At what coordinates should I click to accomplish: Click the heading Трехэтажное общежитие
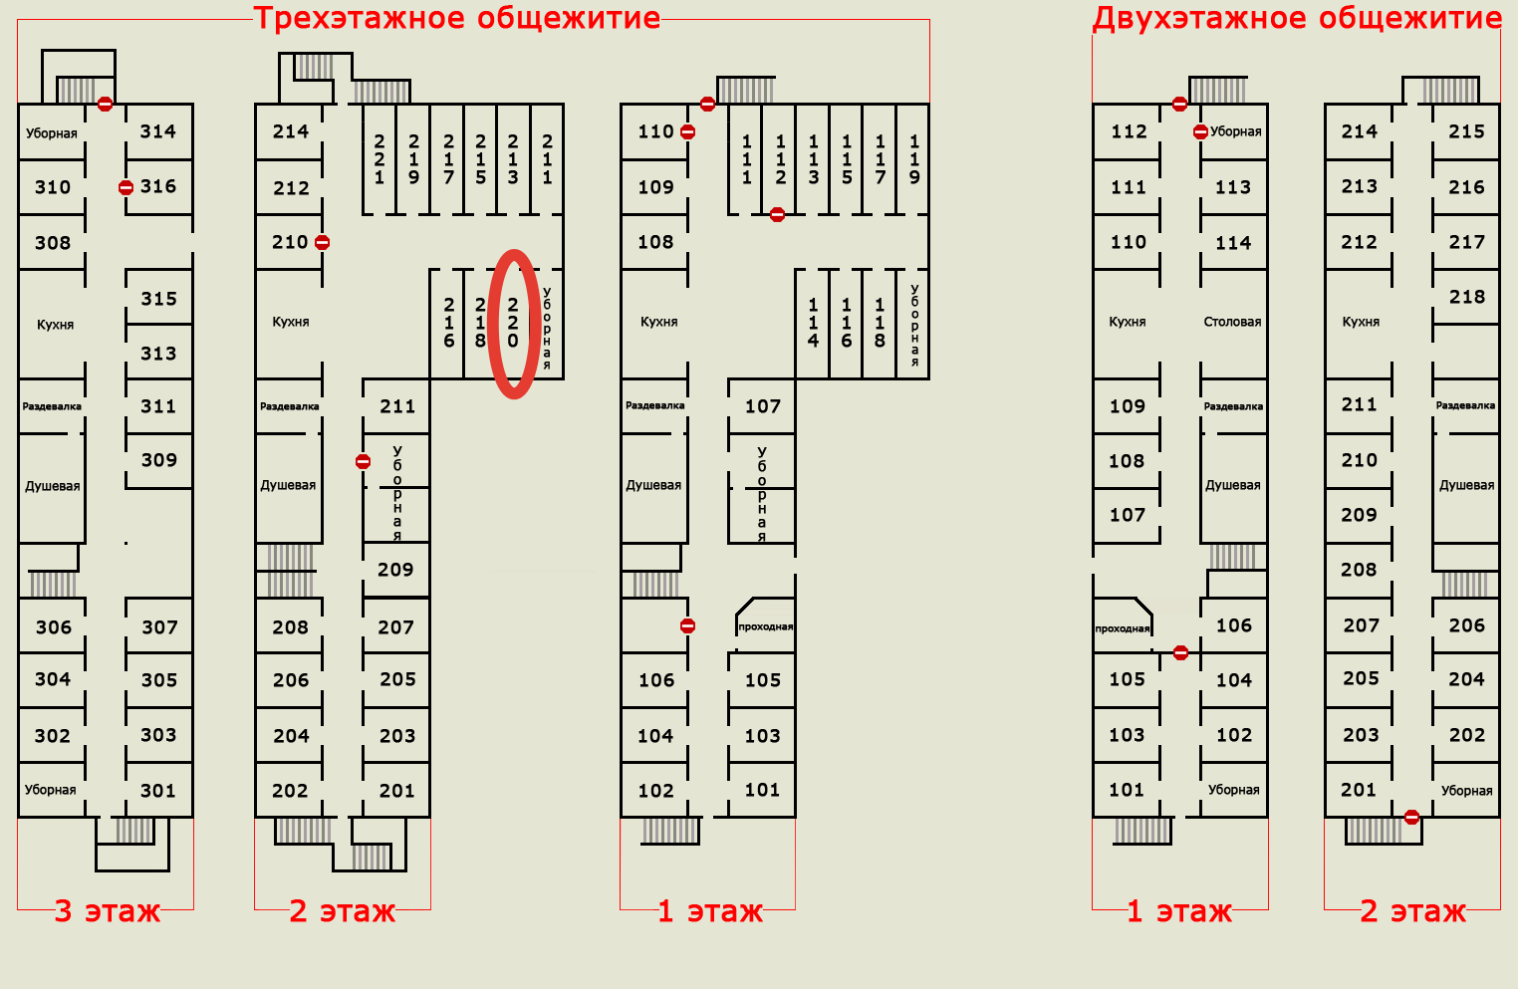click(456, 19)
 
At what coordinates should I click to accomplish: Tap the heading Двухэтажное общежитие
click(1297, 19)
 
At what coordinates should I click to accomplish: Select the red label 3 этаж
click(107, 911)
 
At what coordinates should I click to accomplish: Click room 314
click(158, 131)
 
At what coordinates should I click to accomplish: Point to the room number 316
click(158, 186)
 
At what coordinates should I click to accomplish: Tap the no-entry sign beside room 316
click(126, 187)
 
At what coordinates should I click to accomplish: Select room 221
click(379, 159)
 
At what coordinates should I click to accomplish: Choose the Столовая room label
click(1232, 322)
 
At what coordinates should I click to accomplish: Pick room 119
click(914, 159)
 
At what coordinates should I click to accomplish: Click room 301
click(158, 791)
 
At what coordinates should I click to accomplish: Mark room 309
click(159, 460)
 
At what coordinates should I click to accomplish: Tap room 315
click(159, 299)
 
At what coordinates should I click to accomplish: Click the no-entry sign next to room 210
click(322, 242)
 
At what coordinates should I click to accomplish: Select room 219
click(413, 159)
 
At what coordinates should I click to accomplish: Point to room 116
click(847, 323)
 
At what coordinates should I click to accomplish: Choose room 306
click(54, 627)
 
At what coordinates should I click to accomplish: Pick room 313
click(158, 354)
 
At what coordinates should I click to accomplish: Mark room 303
click(158, 735)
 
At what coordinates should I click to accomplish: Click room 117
click(881, 159)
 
